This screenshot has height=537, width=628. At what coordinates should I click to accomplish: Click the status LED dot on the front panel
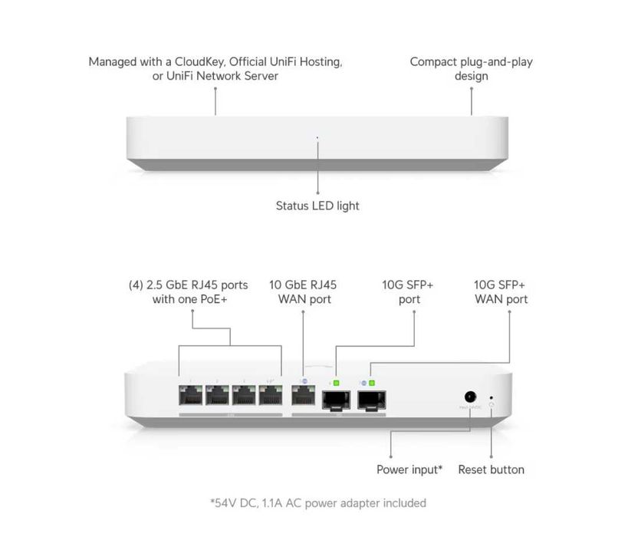click(x=317, y=139)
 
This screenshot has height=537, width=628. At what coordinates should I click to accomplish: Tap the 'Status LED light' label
click(x=317, y=206)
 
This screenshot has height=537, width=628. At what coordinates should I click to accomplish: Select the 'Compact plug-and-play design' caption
click(x=471, y=68)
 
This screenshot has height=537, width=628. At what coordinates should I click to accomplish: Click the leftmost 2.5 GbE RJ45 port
click(x=189, y=397)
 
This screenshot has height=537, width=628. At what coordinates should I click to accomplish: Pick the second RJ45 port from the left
click(x=218, y=397)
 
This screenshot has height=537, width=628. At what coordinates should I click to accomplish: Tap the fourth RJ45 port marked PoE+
click(x=271, y=397)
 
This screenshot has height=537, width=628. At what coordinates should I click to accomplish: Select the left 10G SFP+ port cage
click(x=337, y=399)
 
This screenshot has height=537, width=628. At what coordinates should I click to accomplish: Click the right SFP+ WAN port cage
click(x=372, y=399)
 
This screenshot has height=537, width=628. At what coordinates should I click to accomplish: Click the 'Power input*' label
click(x=409, y=469)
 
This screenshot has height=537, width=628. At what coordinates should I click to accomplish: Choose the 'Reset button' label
click(x=492, y=469)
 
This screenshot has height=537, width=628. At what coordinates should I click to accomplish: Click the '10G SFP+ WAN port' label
click(x=501, y=292)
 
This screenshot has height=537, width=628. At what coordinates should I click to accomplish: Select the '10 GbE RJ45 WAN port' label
click(x=303, y=292)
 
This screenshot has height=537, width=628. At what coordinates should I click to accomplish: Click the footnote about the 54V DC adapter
click(x=318, y=503)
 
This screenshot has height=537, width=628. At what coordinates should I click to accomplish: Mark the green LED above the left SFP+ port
click(x=336, y=381)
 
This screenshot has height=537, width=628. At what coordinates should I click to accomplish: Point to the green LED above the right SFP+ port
click(x=371, y=381)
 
